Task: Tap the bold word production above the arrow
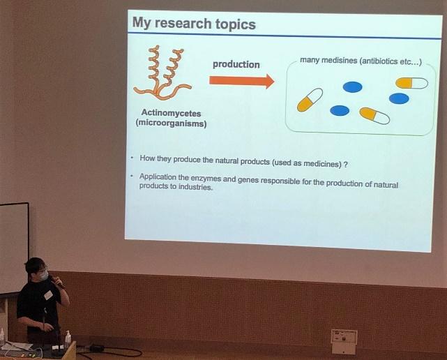click(236, 64)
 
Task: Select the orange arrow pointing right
click(242, 81)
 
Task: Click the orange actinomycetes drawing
click(162, 74)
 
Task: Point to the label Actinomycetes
click(171, 113)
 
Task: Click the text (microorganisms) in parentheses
click(171, 123)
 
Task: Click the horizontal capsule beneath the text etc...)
click(411, 83)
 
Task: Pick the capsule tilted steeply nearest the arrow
click(310, 100)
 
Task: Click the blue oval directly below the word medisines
click(353, 87)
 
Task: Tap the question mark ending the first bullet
click(345, 165)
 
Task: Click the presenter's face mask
click(43, 276)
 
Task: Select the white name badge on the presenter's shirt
click(48, 295)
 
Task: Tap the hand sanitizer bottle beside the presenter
click(68, 339)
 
